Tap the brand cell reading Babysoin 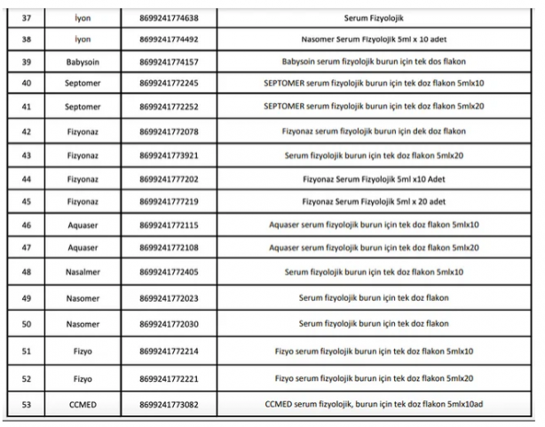(83, 62)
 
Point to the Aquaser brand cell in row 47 (83, 247)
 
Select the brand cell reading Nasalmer (83, 271)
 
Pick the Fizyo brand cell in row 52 (83, 379)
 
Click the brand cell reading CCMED (83, 404)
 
